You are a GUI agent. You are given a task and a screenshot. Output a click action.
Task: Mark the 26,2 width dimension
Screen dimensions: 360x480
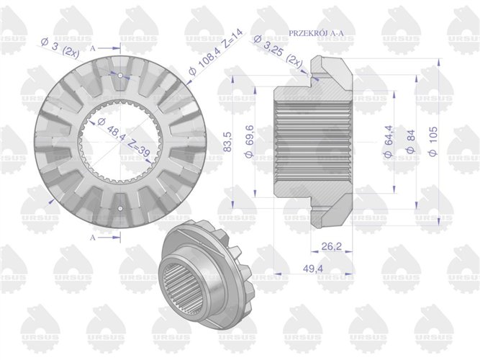(332, 246)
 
